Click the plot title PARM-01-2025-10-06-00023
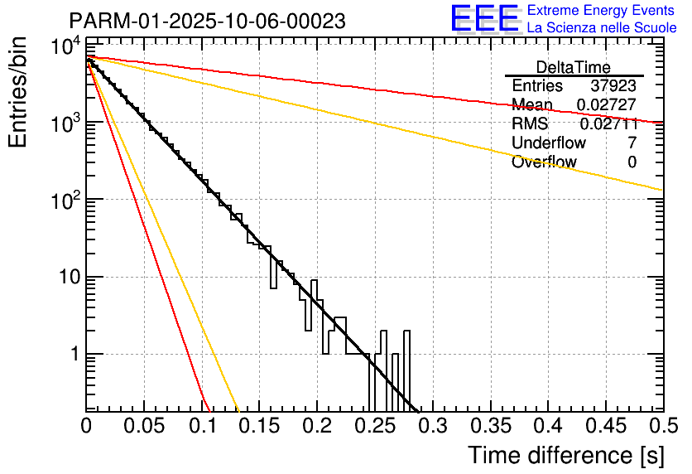pyautogui.click(x=207, y=21)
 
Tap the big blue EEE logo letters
pyautogui.click(x=484, y=18)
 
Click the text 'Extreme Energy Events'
pyautogui.click(x=602, y=11)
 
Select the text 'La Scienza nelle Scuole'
pyautogui.click(x=602, y=28)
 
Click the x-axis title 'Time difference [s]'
pyautogui.click(x=565, y=455)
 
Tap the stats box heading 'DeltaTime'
pyautogui.click(x=574, y=68)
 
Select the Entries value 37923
pyautogui.click(x=613, y=86)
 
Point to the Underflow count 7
pyautogui.click(x=632, y=143)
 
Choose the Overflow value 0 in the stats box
pyautogui.click(x=632, y=162)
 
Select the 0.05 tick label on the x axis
pyautogui.click(x=144, y=426)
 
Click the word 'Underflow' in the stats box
pyautogui.click(x=549, y=143)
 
